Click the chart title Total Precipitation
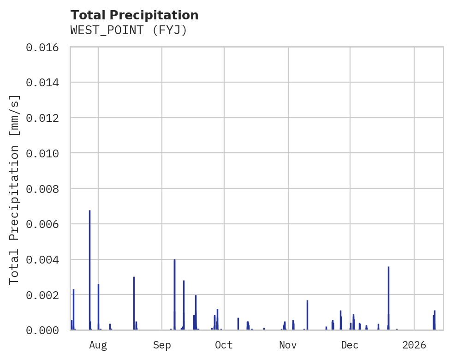(134, 15)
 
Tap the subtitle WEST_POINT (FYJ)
(128, 30)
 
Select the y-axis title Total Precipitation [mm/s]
(15, 189)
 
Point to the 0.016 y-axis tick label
(42, 48)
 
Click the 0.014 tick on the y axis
(42, 83)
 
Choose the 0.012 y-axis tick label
(42, 118)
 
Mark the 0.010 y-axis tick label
(42, 153)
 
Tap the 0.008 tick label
(42, 189)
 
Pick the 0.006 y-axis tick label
(42, 224)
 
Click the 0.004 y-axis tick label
(42, 260)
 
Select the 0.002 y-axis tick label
(42, 295)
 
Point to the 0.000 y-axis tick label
(42, 330)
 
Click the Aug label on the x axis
(98, 345)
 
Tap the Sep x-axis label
(162, 345)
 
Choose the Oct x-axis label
(224, 345)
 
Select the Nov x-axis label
(288, 345)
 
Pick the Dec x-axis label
(350, 345)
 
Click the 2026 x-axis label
(414, 345)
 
